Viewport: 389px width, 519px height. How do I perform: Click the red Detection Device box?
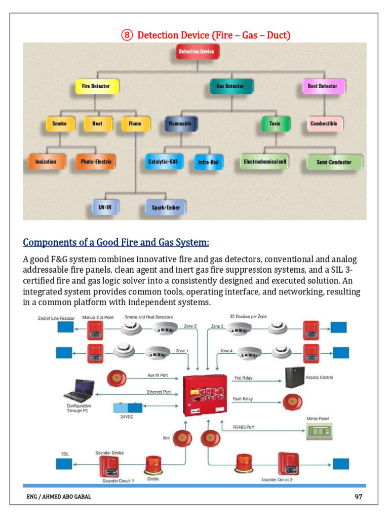point(196,52)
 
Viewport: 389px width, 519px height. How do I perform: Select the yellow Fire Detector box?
point(96,86)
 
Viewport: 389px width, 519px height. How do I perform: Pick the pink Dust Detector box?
point(322,86)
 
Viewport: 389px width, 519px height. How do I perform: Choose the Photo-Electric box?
point(96,162)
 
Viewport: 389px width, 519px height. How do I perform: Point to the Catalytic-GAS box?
point(163,162)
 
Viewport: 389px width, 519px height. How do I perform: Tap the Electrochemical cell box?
point(265,162)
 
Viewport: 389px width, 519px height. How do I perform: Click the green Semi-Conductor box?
point(334,162)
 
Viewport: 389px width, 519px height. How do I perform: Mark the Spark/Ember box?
point(166,207)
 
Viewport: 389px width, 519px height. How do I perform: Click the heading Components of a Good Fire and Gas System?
point(116,242)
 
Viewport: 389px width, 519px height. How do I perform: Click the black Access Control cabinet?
point(294,378)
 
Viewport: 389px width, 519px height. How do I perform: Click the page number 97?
point(358,497)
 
